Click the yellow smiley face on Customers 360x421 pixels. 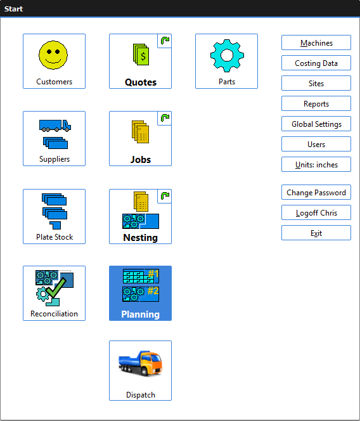click(53, 55)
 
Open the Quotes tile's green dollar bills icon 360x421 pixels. click(141, 55)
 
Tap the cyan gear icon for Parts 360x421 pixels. click(227, 56)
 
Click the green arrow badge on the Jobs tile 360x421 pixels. click(165, 118)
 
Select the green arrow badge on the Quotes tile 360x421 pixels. click(165, 41)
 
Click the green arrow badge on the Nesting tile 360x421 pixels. click(165, 196)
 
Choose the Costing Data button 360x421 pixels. click(316, 63)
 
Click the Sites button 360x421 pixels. click(316, 83)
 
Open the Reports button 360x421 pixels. click(316, 103)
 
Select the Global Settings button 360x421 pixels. click(316, 124)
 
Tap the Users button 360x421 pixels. click(316, 144)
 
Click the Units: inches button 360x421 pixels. click(316, 164)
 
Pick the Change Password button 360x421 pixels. click(316, 192)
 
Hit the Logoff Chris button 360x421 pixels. click(316, 212)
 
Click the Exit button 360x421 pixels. click(316, 233)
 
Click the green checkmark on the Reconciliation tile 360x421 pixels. click(56, 287)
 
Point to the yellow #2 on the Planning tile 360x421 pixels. click(153, 290)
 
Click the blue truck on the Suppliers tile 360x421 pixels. click(55, 126)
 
